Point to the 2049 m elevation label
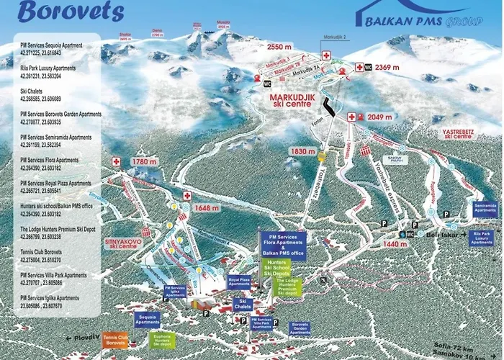[x=380, y=117]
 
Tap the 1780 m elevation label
[x=145, y=163]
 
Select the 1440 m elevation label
[x=376, y=244]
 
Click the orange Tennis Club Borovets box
[x=116, y=339]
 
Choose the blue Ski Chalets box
[x=243, y=304]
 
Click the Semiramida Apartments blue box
[x=485, y=210]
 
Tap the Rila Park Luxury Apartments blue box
[x=482, y=238]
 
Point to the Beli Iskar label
[x=432, y=234]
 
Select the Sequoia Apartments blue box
[x=147, y=319]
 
